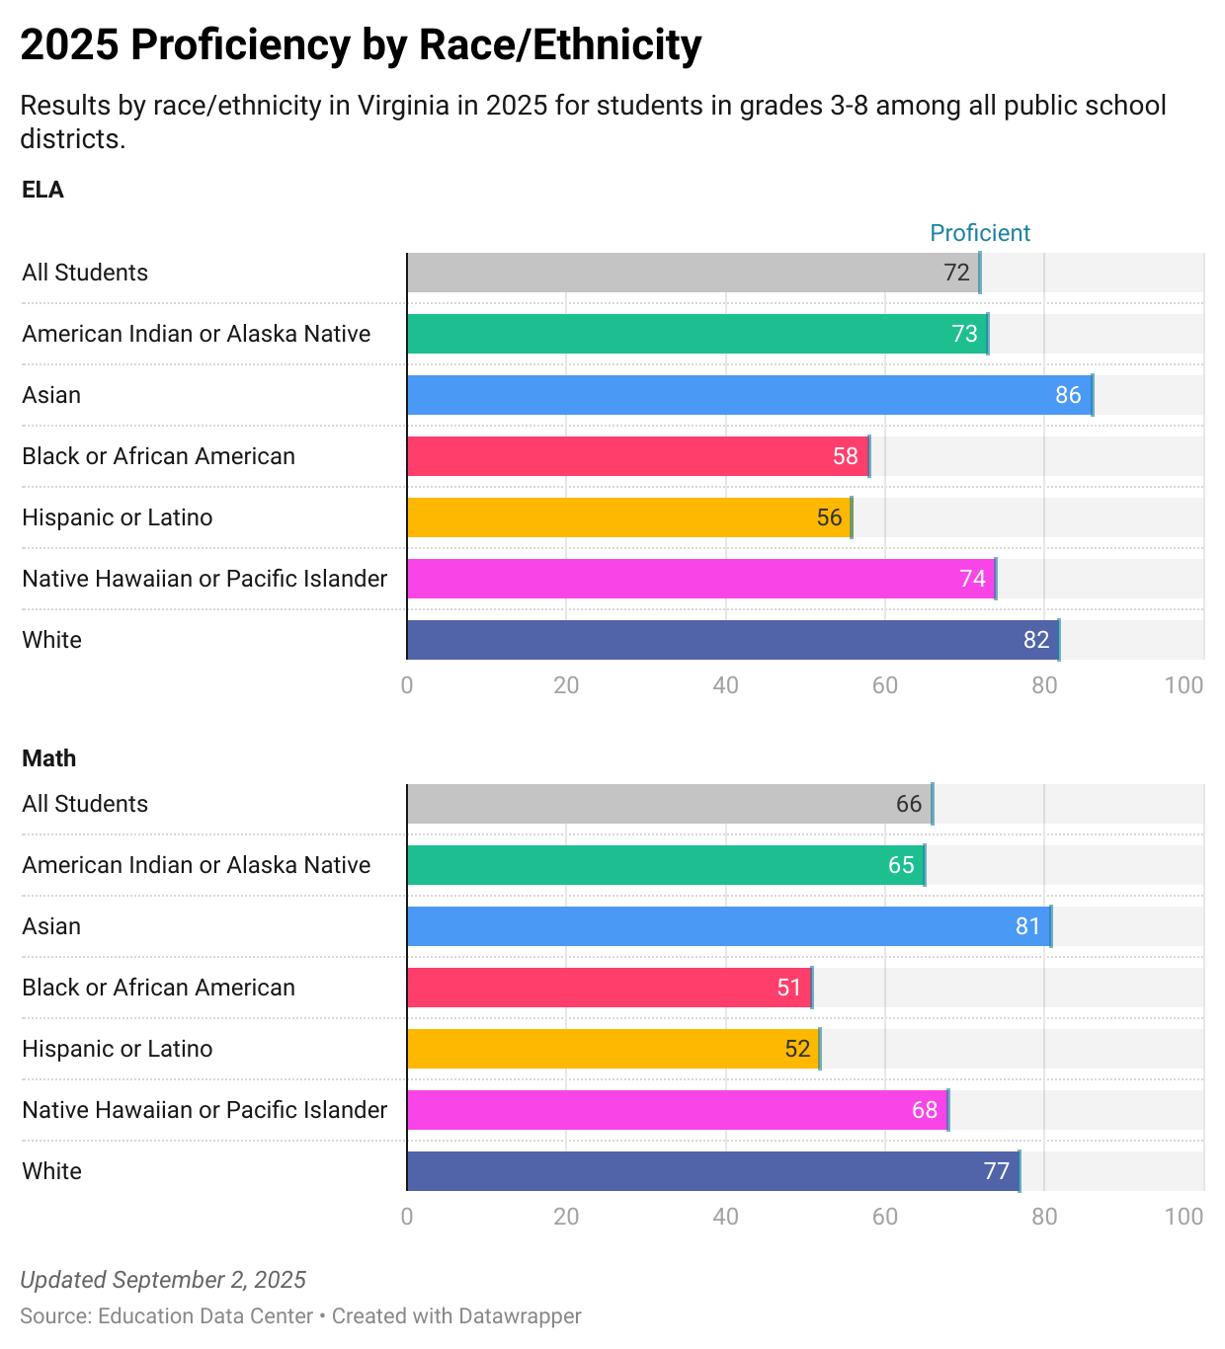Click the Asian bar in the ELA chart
tap(749, 395)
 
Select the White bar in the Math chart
tap(712, 1171)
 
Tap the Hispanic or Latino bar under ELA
tap(628, 517)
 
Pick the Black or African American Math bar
tap(609, 988)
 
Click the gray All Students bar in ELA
tap(693, 273)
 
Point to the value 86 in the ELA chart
tap(1068, 395)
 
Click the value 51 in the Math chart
tap(788, 988)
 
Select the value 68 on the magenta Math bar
tap(925, 1110)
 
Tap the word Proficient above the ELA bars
tap(980, 233)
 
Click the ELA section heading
tap(42, 190)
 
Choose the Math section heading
tap(48, 758)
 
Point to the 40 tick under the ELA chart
tap(725, 685)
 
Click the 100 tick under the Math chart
tap(1184, 1217)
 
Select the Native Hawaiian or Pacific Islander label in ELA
tap(204, 579)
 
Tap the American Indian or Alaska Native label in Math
tap(197, 865)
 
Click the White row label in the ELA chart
tap(52, 640)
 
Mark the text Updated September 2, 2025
tap(163, 1280)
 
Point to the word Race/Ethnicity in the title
tap(560, 45)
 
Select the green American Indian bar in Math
tap(665, 865)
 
